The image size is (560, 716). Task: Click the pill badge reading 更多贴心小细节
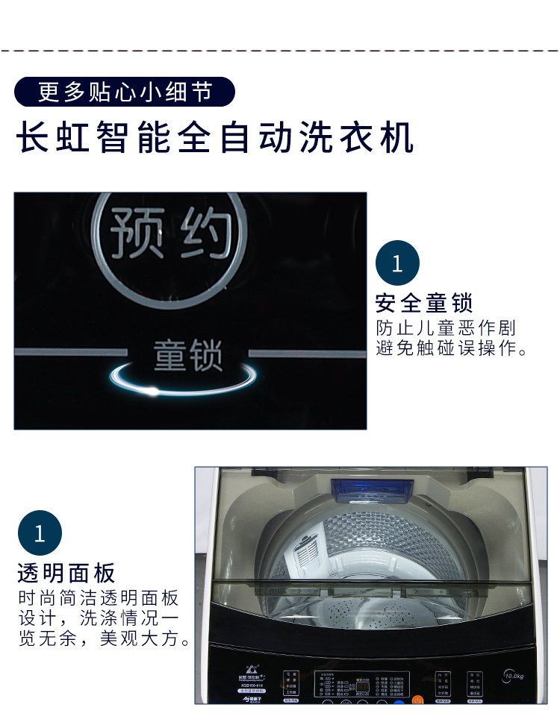point(125,92)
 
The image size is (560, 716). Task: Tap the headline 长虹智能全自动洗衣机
point(215,139)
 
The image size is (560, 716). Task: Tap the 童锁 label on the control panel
point(187,355)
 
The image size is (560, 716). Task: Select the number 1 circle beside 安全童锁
point(397,263)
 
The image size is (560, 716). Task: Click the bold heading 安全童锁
point(424,304)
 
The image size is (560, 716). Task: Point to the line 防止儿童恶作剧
point(446,328)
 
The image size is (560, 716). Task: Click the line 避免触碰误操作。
point(452,348)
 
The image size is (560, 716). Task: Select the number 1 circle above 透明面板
point(40,533)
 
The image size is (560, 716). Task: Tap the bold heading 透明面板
point(66,573)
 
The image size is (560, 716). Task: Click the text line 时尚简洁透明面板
point(99,598)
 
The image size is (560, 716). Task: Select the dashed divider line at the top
point(280,51)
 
